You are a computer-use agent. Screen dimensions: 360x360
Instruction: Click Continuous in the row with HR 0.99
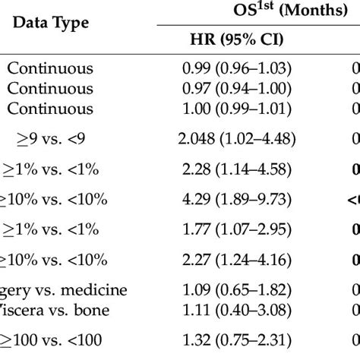point(49,68)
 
